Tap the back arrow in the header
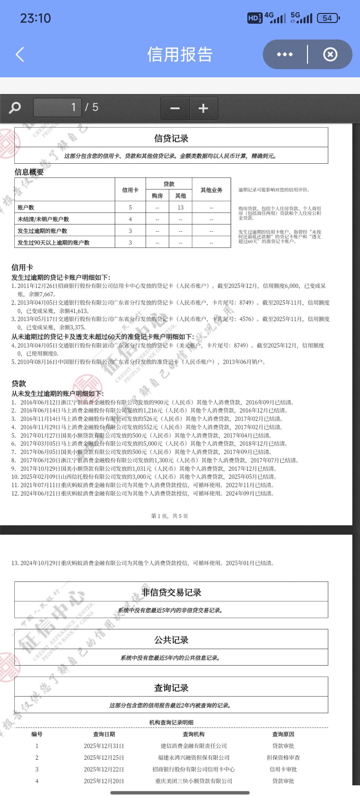[20, 54]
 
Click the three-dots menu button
[285, 54]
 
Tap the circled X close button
[330, 54]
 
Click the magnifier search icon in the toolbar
[15, 108]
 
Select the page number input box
[57, 107]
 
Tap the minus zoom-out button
[175, 108]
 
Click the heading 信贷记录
[171, 138]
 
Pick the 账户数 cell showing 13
[180, 208]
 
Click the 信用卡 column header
[130, 190]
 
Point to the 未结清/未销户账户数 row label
[43, 219]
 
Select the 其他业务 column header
[211, 190]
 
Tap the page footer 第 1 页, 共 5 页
[170, 516]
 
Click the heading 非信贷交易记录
[171, 592]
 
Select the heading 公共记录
[171, 640]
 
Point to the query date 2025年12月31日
[104, 746]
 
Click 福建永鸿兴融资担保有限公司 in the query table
[194, 758]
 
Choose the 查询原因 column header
[283, 734]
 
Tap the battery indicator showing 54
[328, 18]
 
